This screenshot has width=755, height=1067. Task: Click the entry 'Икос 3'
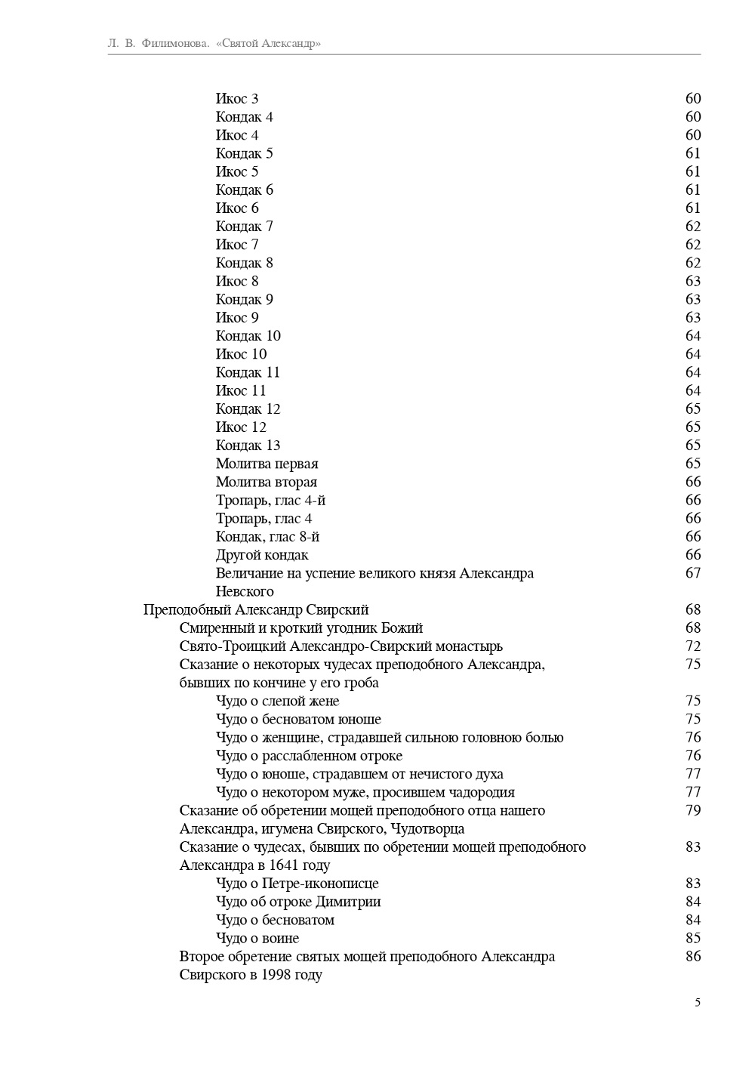point(237,99)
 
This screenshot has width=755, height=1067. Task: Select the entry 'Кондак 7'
point(244,227)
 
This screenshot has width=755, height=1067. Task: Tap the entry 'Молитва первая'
point(267,464)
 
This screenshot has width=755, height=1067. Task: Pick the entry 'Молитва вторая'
point(266,482)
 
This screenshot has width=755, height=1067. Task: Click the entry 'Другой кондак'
point(262,555)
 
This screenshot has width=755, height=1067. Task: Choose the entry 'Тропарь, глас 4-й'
point(270,501)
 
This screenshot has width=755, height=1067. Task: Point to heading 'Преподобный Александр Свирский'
point(256,609)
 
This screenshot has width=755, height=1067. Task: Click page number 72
point(693,646)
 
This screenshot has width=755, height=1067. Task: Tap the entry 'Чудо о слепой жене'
point(277,701)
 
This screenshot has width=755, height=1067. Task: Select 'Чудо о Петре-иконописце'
point(297,884)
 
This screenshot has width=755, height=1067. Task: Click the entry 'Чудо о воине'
point(257,939)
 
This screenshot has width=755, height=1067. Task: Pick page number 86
point(693,957)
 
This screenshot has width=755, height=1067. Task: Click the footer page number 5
point(698,1003)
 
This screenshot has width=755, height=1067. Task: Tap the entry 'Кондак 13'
point(248,446)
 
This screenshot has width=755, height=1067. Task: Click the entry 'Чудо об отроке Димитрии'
point(298,902)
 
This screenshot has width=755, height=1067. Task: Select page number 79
point(693,811)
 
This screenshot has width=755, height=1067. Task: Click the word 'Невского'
point(245,591)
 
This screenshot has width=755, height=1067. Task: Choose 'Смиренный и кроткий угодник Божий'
point(301,628)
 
